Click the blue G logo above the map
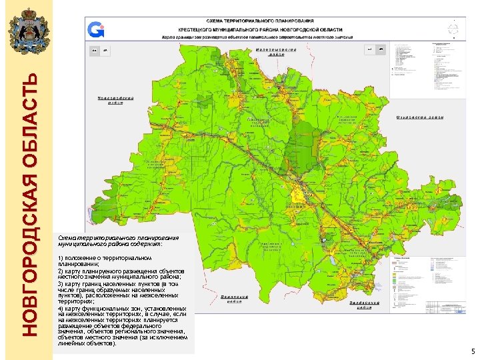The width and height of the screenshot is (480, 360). point(97,29)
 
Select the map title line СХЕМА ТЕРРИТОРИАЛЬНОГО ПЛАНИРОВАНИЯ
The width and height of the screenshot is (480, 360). point(274,23)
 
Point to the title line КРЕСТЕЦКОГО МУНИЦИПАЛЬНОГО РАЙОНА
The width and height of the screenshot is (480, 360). point(274,30)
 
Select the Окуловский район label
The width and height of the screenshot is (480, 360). point(419,117)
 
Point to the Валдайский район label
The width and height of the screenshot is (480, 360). point(365,304)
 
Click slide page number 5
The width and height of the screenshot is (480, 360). point(471,351)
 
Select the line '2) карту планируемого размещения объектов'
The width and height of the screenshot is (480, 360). point(121,271)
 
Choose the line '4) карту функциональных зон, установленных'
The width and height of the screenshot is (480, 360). point(122,309)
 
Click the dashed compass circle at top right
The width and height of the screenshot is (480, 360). point(453,29)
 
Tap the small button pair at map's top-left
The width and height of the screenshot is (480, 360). point(99,50)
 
